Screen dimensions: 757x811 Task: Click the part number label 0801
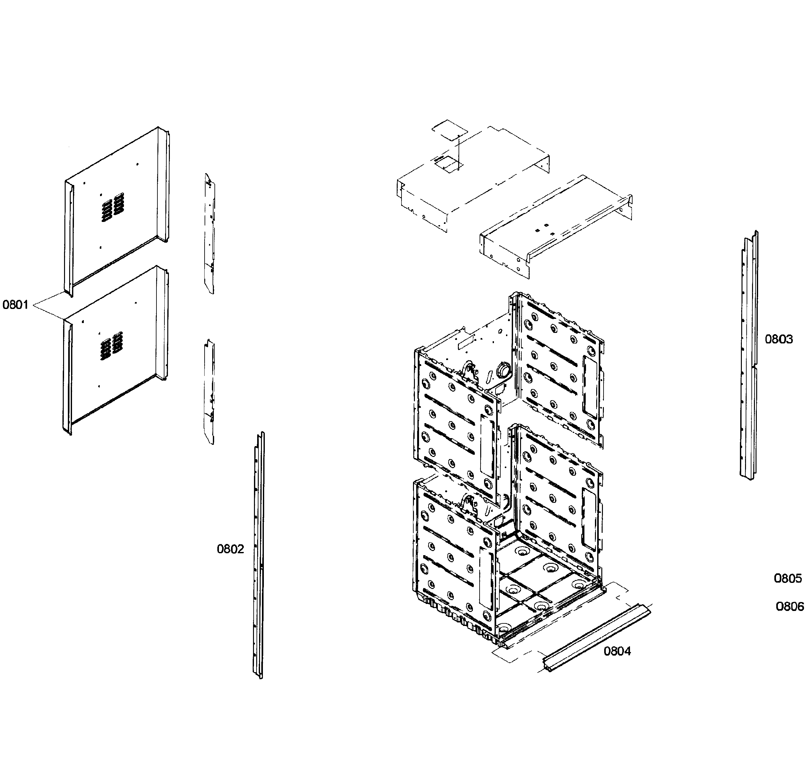pyautogui.click(x=16, y=305)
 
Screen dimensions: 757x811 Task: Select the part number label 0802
pyautogui.click(x=230, y=549)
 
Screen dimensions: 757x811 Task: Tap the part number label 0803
pyautogui.click(x=778, y=339)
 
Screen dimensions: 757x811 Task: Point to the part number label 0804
pyautogui.click(x=617, y=651)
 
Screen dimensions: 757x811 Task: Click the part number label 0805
pyautogui.click(x=788, y=578)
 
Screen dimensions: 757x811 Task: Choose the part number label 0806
pyautogui.click(x=789, y=606)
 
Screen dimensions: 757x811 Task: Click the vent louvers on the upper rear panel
pyautogui.click(x=112, y=207)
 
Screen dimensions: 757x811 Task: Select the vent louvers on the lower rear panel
pyautogui.click(x=111, y=346)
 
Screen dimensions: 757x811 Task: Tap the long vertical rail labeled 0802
pyautogui.click(x=259, y=555)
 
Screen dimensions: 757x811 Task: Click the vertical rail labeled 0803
pyautogui.click(x=749, y=355)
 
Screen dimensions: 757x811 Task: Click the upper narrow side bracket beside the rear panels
pyautogui.click(x=210, y=233)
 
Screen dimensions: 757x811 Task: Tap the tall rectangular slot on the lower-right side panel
pyautogui.click(x=589, y=518)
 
